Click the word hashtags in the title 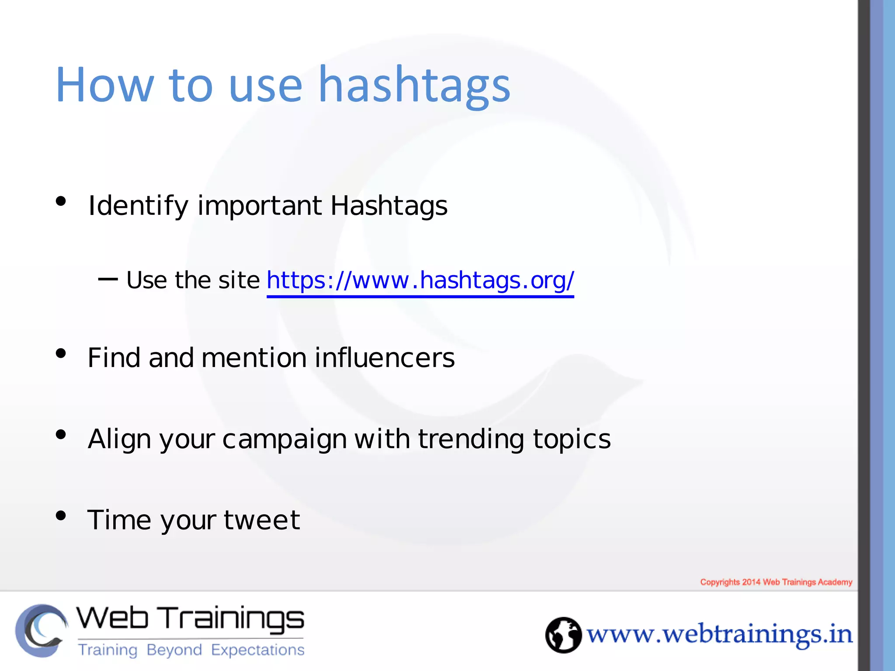coord(414,85)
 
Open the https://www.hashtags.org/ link coord(420,280)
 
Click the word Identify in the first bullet coord(138,206)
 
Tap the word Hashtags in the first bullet coord(389,206)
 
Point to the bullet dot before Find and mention coord(61,353)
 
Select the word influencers coord(385,358)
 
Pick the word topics coord(572,439)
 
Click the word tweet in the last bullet coord(262,520)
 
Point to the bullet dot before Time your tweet coord(61,515)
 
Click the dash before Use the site coord(108,279)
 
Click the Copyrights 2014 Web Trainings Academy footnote coord(776,582)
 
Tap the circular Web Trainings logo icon coord(42,630)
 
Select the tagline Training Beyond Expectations coord(191,650)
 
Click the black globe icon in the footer coord(563,635)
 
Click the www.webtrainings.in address coord(719,635)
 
